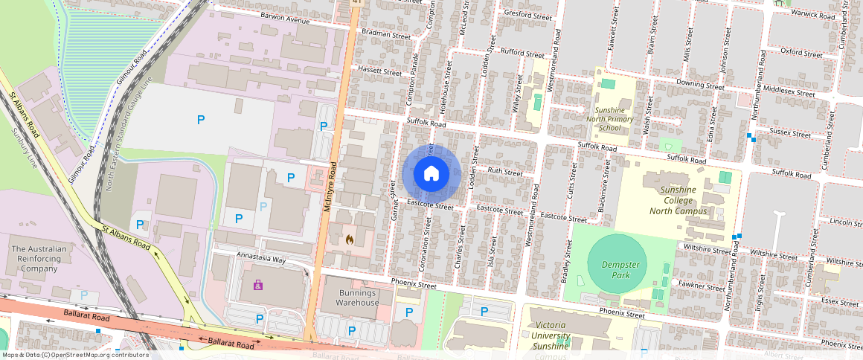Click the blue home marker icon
tap(431, 173)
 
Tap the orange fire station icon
tap(350, 240)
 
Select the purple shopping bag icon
tap(258, 285)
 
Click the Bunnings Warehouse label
tap(350, 298)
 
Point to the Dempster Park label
tap(617, 269)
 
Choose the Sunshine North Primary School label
tap(610, 118)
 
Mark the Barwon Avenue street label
tap(284, 19)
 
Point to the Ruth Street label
tap(505, 172)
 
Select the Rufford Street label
tap(523, 54)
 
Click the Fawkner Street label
tap(703, 288)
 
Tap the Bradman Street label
tap(385, 34)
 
